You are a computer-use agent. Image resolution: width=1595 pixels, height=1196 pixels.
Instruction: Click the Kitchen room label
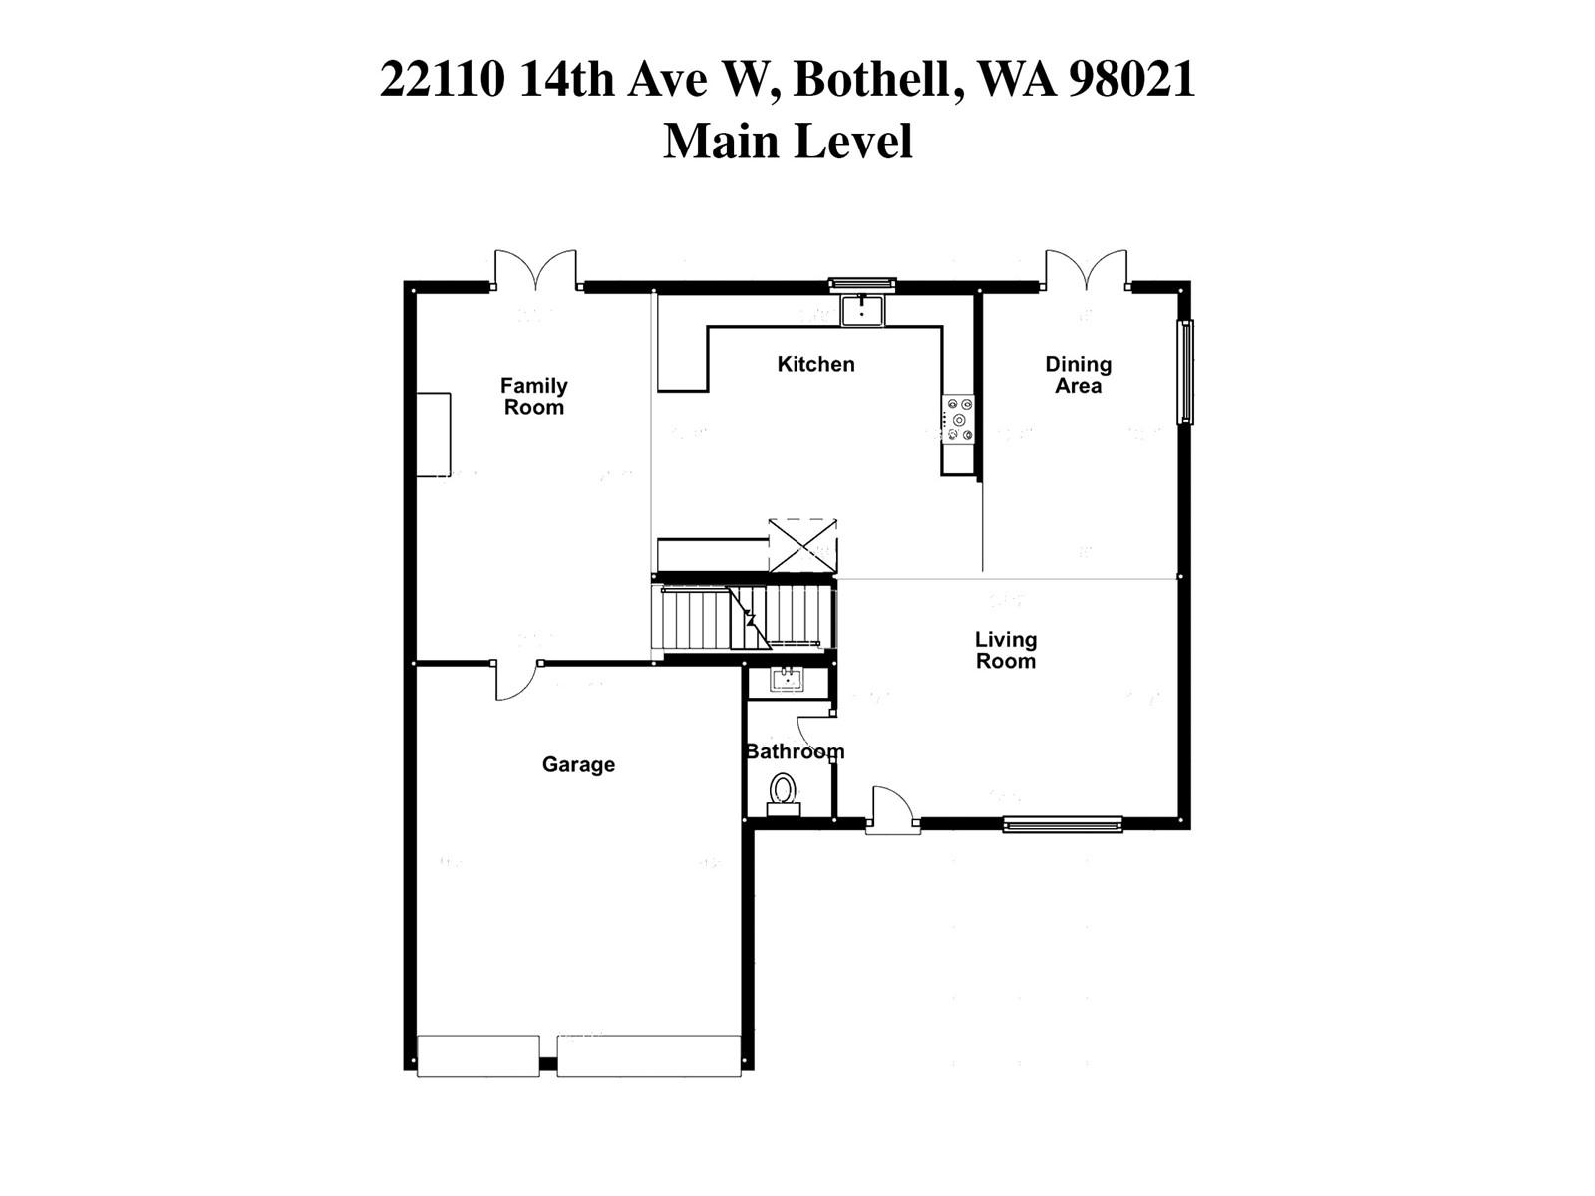pyautogui.click(x=815, y=364)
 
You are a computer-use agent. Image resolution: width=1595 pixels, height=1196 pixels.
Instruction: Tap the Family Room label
pyautogui.click(x=533, y=396)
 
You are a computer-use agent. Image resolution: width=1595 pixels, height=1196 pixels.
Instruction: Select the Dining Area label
pyautogui.click(x=1078, y=375)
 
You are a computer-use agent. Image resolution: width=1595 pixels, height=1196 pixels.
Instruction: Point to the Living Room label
pyautogui.click(x=1005, y=650)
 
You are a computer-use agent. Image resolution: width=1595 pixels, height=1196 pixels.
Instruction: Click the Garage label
pyautogui.click(x=578, y=764)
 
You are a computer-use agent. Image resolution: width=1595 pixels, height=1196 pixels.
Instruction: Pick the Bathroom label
pyautogui.click(x=795, y=751)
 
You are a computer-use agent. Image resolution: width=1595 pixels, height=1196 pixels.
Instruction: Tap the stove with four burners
pyautogui.click(x=959, y=419)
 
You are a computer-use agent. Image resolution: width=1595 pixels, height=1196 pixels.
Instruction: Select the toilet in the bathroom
pyautogui.click(x=783, y=794)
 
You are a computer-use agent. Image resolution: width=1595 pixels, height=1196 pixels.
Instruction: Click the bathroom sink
pyautogui.click(x=787, y=681)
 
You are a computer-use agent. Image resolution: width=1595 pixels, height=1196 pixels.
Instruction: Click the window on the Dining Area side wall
pyautogui.click(x=1185, y=372)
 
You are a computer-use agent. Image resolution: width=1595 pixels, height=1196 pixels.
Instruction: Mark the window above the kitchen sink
pyautogui.click(x=862, y=285)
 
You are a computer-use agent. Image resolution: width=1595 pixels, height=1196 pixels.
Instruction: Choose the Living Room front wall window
pyautogui.click(x=1063, y=824)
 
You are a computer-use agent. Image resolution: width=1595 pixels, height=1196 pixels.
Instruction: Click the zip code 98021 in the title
pyautogui.click(x=1131, y=79)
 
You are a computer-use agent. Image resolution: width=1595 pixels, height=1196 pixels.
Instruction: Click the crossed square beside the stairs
pyautogui.click(x=802, y=545)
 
